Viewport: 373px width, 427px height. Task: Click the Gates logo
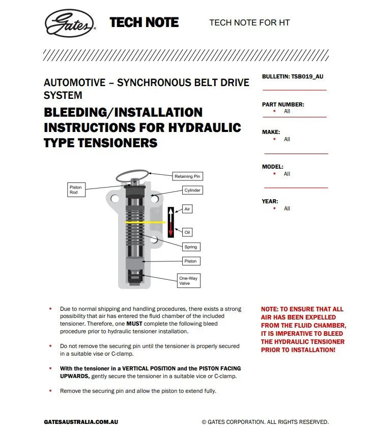[70, 23]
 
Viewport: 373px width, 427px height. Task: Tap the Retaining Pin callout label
[188, 176]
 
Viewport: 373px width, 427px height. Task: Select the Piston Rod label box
[76, 190]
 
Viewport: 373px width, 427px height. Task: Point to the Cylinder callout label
[192, 190]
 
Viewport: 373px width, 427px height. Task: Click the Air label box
[188, 209]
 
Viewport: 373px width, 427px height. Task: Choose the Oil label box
[187, 232]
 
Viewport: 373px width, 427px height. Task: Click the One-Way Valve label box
[188, 281]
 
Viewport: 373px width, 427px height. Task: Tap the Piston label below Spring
[190, 261]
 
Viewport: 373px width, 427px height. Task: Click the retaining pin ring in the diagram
[132, 176]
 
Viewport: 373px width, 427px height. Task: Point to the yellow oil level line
[145, 223]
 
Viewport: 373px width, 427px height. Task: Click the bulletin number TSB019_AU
[307, 76]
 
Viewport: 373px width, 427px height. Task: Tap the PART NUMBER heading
[283, 104]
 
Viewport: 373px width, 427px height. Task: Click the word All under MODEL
[287, 174]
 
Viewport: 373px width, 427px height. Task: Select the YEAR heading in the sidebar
[270, 201]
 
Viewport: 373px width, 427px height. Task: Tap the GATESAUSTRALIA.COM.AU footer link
[81, 422]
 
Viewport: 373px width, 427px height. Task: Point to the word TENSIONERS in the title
[122, 143]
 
